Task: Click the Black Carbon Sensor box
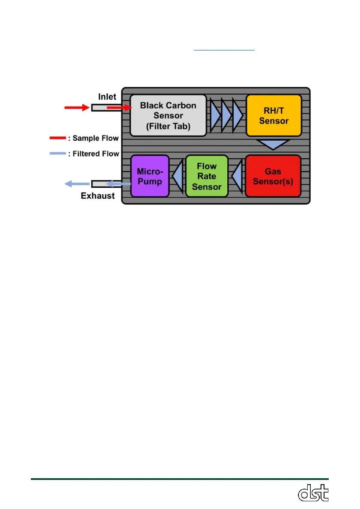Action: click(168, 115)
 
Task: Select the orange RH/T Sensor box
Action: click(274, 115)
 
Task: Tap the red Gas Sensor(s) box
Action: click(273, 176)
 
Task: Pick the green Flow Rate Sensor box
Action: click(207, 176)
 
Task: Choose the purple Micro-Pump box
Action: click(150, 176)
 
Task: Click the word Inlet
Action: click(107, 98)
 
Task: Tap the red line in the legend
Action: click(57, 138)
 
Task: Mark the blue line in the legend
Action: click(57, 153)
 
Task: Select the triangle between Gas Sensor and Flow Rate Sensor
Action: click(236, 176)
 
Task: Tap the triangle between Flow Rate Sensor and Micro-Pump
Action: click(177, 176)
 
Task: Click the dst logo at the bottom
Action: click(313, 493)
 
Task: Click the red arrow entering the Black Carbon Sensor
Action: click(119, 108)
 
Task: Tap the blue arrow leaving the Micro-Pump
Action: click(118, 184)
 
